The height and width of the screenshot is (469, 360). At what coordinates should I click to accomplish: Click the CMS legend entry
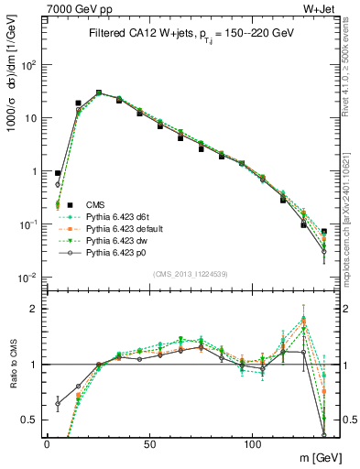[96, 204]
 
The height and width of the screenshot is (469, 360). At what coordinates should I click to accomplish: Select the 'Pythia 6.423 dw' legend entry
[116, 240]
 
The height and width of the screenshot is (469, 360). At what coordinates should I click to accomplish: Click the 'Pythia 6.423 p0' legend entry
[116, 252]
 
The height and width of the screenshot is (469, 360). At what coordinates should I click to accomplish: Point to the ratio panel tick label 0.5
[29, 420]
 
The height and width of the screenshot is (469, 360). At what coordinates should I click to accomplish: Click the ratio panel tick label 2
[34, 310]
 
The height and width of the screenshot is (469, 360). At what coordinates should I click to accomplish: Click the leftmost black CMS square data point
[58, 172]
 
